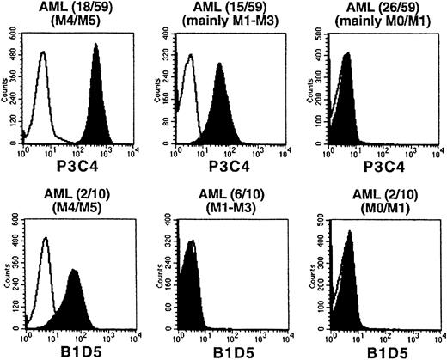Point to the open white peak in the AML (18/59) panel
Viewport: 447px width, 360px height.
44,95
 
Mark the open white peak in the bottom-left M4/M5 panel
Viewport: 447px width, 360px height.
46,284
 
